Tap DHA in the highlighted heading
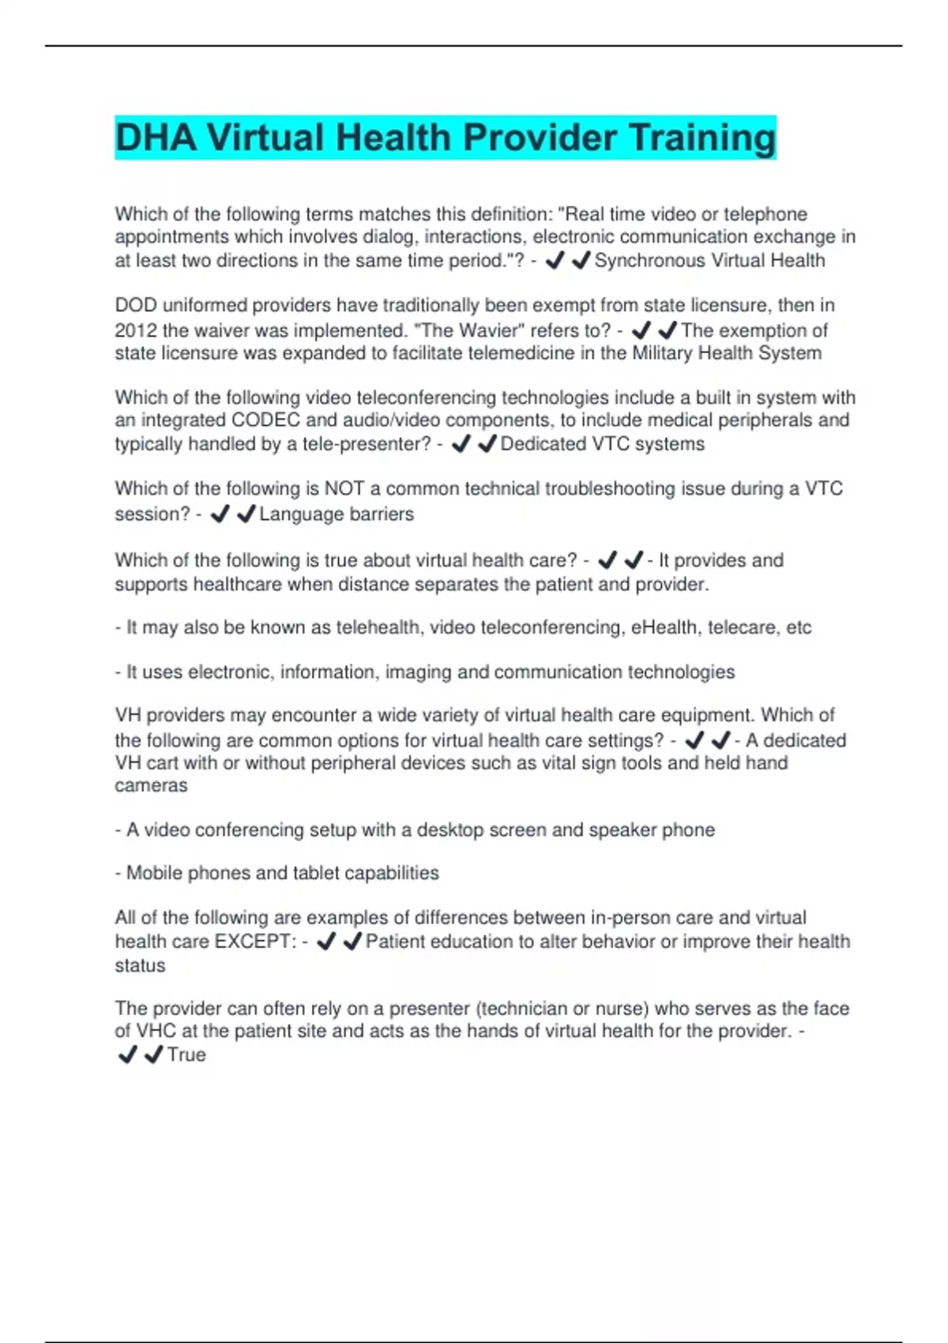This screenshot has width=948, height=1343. pos(156,138)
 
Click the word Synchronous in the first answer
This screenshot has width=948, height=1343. pos(649,261)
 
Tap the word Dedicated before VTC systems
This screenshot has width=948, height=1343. pos(544,444)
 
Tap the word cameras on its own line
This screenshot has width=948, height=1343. pos(151,786)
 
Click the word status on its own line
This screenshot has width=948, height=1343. pos(140,966)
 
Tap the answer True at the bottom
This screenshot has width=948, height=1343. pos(186,1055)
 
